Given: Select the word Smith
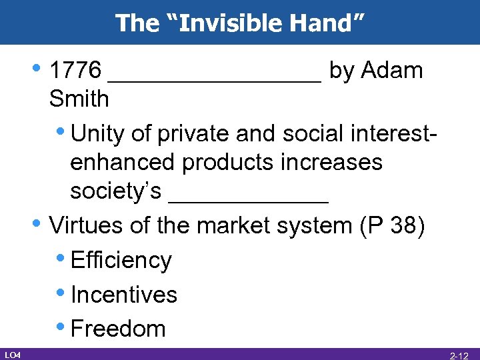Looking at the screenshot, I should click(x=79, y=99).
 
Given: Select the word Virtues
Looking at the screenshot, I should click(x=87, y=225).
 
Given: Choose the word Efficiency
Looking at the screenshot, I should click(x=121, y=260).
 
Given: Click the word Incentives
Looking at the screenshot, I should click(x=123, y=294).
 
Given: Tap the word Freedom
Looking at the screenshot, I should click(x=118, y=328).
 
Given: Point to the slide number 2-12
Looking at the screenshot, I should click(x=461, y=355).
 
